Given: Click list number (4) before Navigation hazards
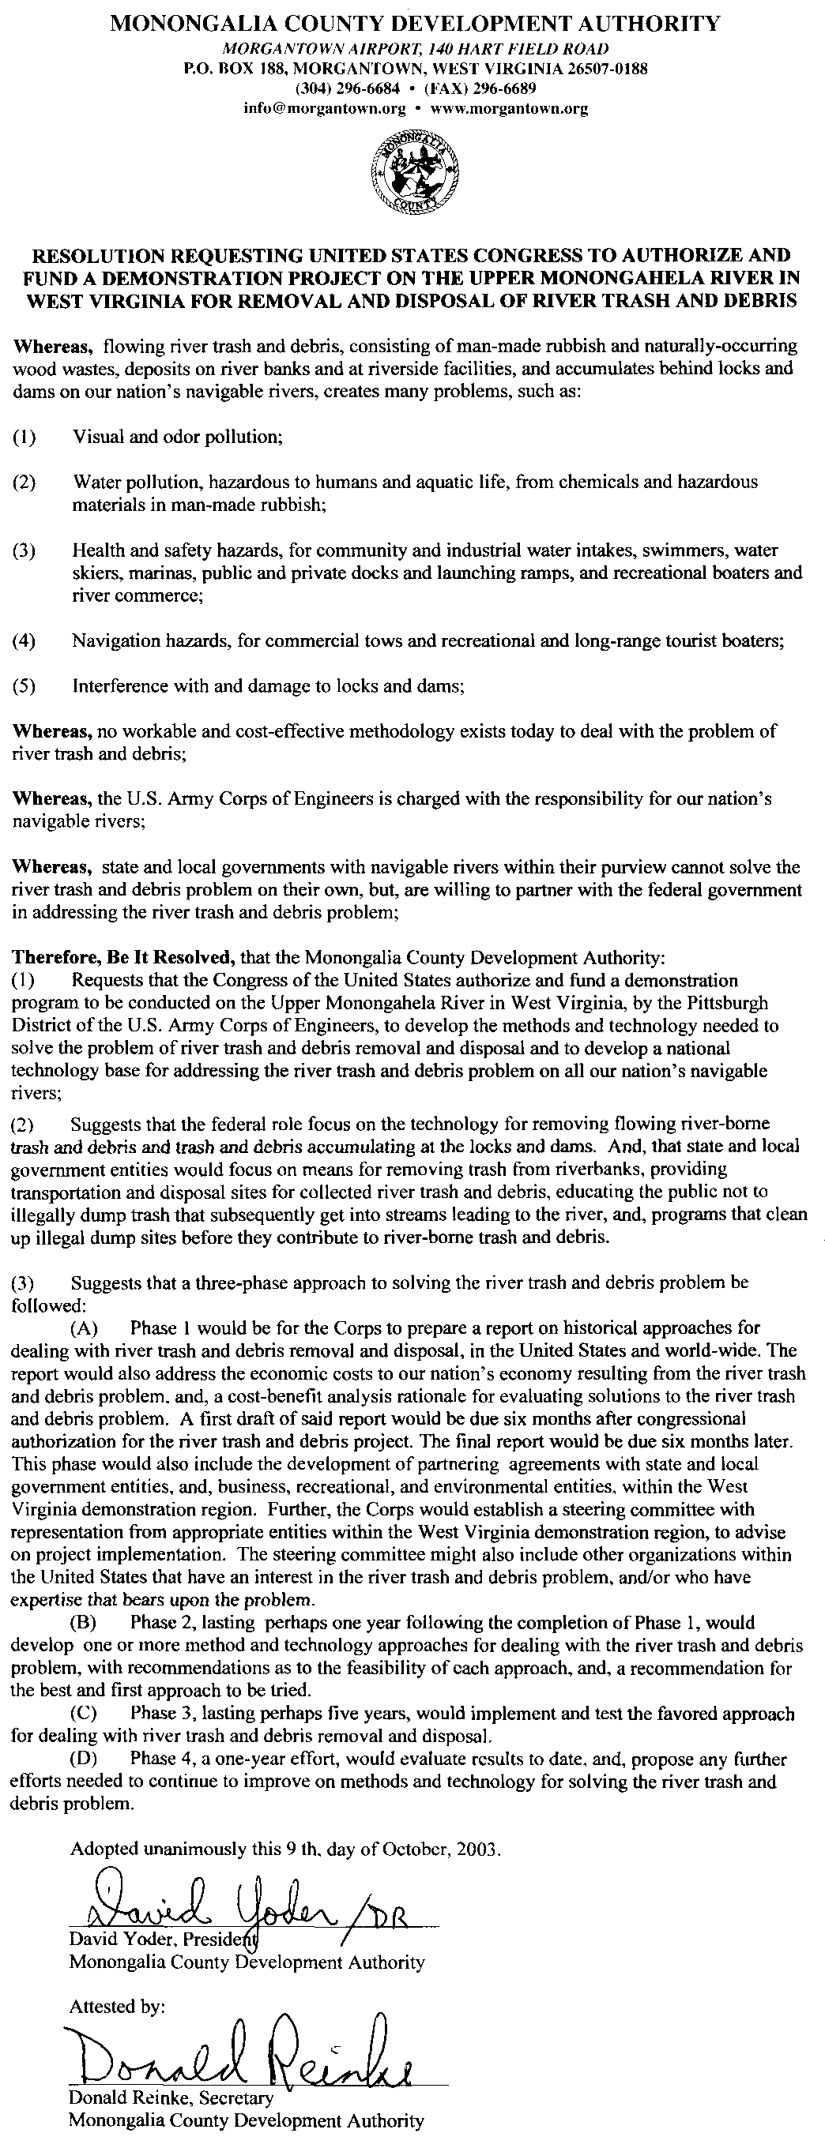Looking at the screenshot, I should point(24,641).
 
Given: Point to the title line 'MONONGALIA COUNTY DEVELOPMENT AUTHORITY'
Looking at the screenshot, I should point(413,24).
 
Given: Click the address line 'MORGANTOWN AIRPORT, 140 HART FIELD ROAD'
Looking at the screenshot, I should point(413,49).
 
